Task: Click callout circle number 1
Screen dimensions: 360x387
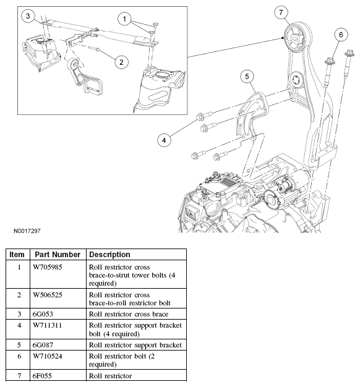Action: point(124,19)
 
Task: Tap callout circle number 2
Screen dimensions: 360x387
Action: point(121,62)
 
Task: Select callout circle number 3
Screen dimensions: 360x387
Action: point(28,16)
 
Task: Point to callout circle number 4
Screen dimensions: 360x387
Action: point(164,140)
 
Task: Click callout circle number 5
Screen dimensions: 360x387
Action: point(247,77)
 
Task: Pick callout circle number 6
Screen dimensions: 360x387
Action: point(341,35)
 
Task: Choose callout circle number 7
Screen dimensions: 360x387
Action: point(281,12)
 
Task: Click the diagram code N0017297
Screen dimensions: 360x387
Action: point(27,231)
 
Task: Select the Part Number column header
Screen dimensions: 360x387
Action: point(58,255)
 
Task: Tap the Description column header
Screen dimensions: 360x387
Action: point(109,255)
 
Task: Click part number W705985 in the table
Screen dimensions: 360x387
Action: point(48,267)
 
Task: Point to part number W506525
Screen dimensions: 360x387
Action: point(48,295)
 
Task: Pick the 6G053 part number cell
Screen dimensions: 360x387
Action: point(43,314)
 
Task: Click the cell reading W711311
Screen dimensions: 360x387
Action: point(47,325)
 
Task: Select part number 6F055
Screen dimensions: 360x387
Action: point(42,376)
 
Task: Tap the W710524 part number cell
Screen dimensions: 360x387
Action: point(48,356)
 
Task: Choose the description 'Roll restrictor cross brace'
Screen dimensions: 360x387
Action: point(129,314)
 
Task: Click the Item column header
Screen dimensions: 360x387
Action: point(17,255)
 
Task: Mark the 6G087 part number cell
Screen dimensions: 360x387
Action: point(43,345)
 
